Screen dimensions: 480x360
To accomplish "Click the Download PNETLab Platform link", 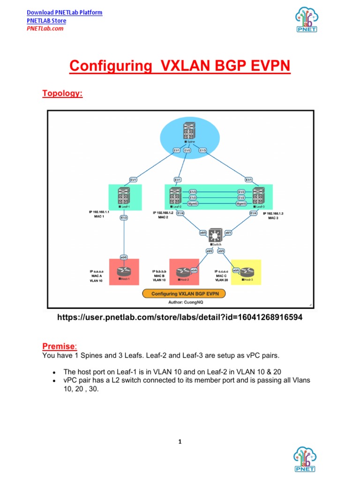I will (x=64, y=12).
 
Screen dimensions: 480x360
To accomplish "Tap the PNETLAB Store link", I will (x=46, y=21).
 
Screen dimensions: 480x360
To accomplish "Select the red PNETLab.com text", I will (x=45, y=29).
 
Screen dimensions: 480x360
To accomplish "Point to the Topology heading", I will (x=62, y=93).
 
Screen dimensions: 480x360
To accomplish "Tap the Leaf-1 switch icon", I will (x=124, y=196).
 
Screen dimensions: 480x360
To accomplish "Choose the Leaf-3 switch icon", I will (x=258, y=196).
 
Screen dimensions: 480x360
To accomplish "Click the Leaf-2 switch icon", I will (x=176, y=196).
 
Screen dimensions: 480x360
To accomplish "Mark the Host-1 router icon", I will (x=125, y=271).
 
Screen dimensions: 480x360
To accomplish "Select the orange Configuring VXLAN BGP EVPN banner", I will (x=184, y=294).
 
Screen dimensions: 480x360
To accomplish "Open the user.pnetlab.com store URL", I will (x=180, y=318).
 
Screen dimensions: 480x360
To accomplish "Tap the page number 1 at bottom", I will (x=180, y=442).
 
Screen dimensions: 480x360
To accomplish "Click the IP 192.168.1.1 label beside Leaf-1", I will (x=99, y=212).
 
